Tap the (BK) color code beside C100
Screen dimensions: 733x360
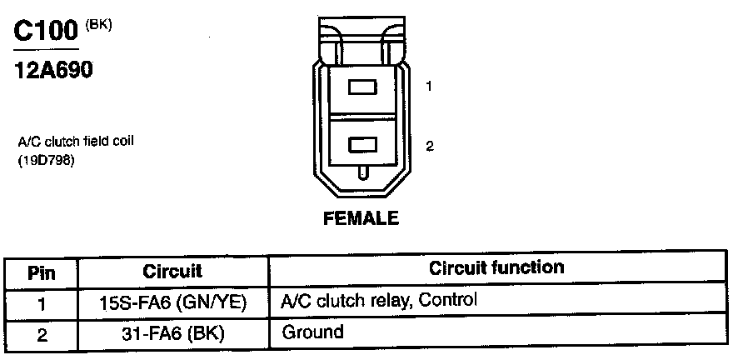click(x=99, y=24)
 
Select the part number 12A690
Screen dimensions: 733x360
click(x=53, y=71)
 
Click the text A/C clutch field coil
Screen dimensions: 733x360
click(x=76, y=142)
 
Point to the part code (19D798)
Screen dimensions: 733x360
click(x=47, y=162)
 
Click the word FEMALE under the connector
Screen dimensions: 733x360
click(x=361, y=219)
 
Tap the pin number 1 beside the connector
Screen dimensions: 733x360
click(x=428, y=87)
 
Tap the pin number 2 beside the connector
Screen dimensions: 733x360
click(x=429, y=147)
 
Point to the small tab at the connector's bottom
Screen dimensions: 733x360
click(x=362, y=173)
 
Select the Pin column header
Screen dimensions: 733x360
click(x=41, y=272)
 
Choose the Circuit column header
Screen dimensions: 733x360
click(x=172, y=272)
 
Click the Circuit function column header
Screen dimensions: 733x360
click(x=496, y=268)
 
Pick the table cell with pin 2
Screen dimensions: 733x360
click(x=41, y=334)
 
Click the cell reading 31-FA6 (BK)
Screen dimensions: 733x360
click(x=172, y=334)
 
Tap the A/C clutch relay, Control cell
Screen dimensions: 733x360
click(x=379, y=300)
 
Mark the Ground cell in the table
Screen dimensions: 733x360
click(x=312, y=332)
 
